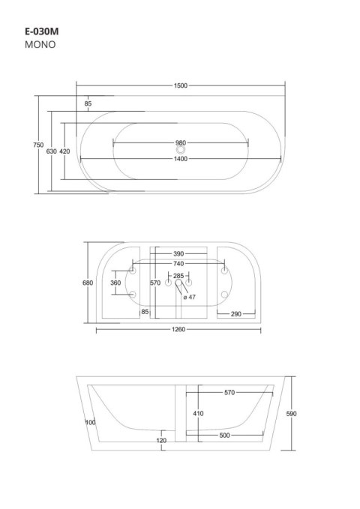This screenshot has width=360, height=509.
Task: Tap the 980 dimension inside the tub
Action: click(x=180, y=143)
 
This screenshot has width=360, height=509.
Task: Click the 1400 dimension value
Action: click(x=180, y=159)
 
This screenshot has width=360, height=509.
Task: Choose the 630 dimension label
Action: click(x=52, y=151)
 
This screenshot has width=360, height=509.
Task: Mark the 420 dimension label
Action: click(x=65, y=151)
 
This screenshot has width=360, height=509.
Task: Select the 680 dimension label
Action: click(x=87, y=283)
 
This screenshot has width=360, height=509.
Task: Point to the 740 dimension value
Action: click(x=178, y=265)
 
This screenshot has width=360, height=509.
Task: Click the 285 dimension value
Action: click(x=178, y=275)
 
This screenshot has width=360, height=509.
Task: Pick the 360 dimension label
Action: click(x=115, y=283)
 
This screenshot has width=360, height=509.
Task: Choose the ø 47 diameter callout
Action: click(x=190, y=297)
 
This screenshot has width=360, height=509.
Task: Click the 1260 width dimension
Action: click(x=178, y=329)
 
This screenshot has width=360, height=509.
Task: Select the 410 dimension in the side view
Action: click(x=198, y=414)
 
